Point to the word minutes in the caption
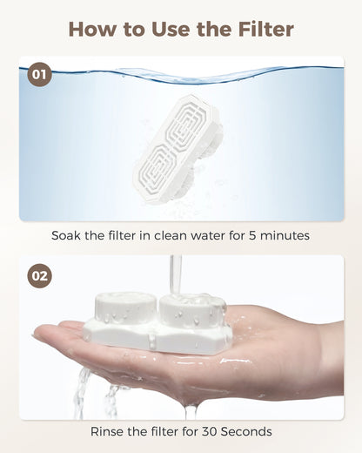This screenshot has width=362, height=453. [x=285, y=235]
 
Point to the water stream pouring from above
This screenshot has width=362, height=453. [x=177, y=274]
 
